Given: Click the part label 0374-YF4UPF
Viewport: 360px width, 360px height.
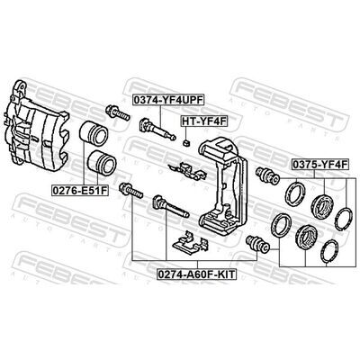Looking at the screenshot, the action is click(x=168, y=101).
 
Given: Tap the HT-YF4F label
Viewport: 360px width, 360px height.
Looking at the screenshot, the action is click(x=204, y=121).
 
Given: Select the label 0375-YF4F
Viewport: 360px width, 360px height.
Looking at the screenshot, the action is click(x=320, y=165).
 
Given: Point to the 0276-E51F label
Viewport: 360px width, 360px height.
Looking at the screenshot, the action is click(x=80, y=190).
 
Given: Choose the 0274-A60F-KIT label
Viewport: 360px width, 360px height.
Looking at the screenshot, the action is click(x=197, y=274).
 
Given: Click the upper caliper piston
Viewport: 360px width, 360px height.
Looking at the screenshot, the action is click(x=94, y=132).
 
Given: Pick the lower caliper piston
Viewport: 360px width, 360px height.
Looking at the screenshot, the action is click(x=102, y=162).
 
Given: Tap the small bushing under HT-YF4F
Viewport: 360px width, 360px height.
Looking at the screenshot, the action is click(x=186, y=142).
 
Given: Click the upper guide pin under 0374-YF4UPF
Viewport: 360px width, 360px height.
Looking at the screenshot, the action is click(x=157, y=129).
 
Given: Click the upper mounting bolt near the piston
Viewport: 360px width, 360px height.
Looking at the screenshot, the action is click(x=118, y=112).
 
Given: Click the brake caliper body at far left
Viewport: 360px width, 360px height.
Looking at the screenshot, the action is click(x=36, y=128).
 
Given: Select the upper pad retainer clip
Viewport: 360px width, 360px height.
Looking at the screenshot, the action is click(x=187, y=171).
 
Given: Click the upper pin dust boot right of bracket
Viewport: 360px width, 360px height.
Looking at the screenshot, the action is click(x=267, y=175).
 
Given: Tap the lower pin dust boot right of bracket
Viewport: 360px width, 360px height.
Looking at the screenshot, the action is click(x=257, y=244).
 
